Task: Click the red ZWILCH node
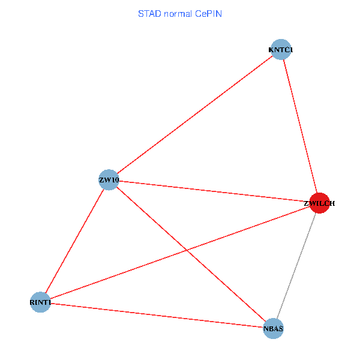point(319,203)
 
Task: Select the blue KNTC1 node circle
point(280,50)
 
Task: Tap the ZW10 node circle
point(109,180)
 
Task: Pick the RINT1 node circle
point(40,302)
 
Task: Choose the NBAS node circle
point(273,329)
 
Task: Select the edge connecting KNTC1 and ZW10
point(195,115)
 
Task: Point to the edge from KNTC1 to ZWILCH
point(300,127)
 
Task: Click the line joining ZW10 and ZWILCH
point(214,191)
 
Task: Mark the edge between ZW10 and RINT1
point(75,241)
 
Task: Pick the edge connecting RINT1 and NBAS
point(157,316)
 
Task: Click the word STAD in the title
point(148,13)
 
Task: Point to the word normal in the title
point(177,13)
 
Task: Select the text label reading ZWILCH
point(319,203)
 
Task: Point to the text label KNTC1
point(280,50)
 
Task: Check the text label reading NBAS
point(273,329)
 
